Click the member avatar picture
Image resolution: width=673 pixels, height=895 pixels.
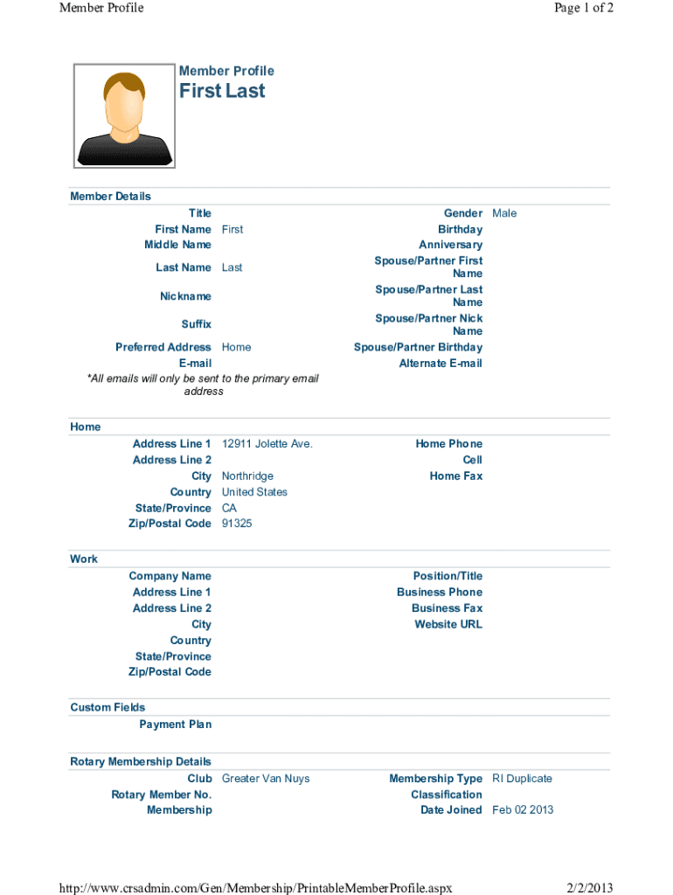click(124, 115)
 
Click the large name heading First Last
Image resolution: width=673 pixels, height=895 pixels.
click(222, 92)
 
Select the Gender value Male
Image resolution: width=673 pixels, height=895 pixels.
click(504, 213)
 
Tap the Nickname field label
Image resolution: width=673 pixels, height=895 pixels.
click(185, 296)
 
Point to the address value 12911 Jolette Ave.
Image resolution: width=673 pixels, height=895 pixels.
click(267, 444)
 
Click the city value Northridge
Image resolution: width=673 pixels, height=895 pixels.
click(247, 476)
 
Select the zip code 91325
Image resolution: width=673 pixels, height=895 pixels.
click(237, 524)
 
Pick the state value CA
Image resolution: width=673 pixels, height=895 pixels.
click(229, 508)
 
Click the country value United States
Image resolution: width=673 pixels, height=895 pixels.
click(254, 492)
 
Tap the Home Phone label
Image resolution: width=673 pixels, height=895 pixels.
click(448, 444)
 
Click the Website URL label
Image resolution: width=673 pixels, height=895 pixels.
click(448, 624)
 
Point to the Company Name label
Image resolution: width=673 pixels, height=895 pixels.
click(170, 576)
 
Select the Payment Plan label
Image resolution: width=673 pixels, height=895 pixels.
click(175, 725)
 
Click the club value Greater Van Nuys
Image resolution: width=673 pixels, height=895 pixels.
click(266, 779)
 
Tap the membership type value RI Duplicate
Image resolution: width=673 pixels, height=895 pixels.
click(522, 779)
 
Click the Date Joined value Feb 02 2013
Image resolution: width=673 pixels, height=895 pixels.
click(523, 810)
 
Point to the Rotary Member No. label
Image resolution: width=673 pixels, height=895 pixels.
click(161, 794)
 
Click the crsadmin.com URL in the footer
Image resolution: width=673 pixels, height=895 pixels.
click(255, 888)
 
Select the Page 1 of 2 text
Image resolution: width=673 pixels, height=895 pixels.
click(583, 8)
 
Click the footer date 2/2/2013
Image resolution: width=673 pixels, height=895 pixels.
click(589, 888)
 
